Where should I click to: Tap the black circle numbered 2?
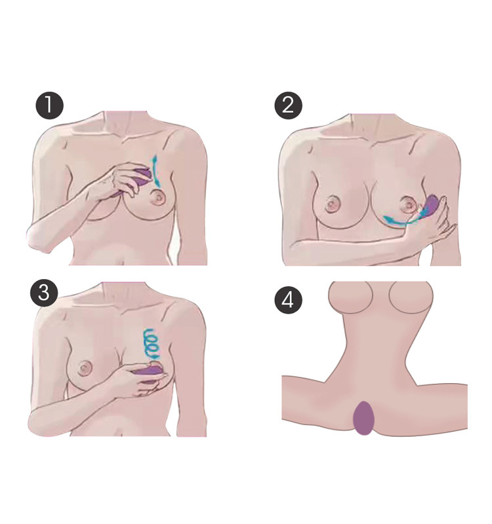coord(289,107)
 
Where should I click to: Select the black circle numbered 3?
coord(44,293)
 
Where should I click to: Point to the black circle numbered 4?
coord(289,301)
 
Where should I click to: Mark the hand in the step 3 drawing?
coord(134,383)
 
